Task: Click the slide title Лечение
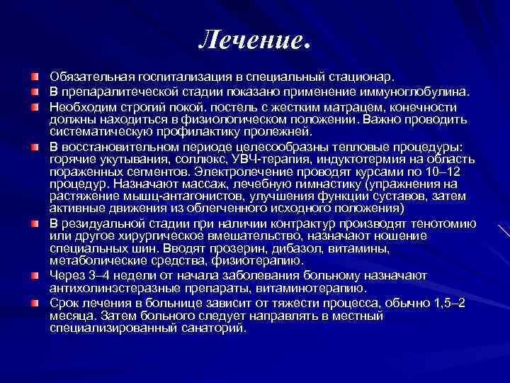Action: coord(254,40)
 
